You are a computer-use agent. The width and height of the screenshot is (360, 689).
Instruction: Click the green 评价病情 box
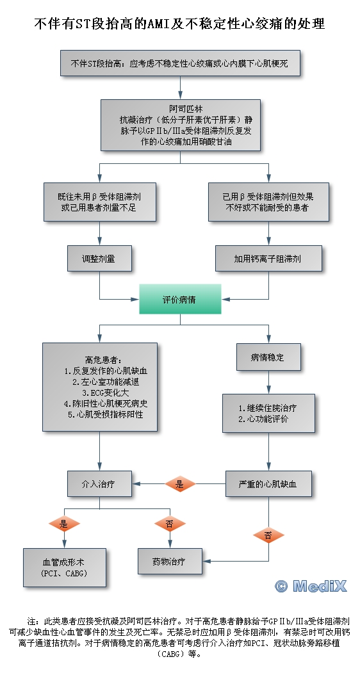pyautogui.click(x=180, y=299)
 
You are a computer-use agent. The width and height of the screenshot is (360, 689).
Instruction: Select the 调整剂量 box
pyautogui.click(x=99, y=259)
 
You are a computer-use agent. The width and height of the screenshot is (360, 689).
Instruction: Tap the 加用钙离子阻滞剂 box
pyautogui.click(x=268, y=259)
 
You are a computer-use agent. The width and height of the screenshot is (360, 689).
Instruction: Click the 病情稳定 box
pyautogui.click(x=268, y=357)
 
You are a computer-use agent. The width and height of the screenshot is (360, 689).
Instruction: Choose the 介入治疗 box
pyautogui.click(x=99, y=484)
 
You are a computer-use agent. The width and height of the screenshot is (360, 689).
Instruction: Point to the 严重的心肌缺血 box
pyautogui.click(x=268, y=484)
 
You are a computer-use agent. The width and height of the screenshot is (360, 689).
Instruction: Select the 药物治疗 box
pyautogui.click(x=170, y=561)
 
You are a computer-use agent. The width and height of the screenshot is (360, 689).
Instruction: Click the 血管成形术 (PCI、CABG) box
pyautogui.click(x=65, y=567)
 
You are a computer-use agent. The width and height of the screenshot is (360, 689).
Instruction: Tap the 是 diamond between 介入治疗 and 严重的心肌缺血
pyautogui.click(x=180, y=484)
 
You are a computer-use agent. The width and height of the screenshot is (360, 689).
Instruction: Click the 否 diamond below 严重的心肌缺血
pyautogui.click(x=268, y=535)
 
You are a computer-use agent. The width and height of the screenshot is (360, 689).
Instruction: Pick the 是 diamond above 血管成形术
pyautogui.click(x=64, y=523)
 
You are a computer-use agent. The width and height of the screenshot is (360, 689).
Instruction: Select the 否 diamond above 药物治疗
pyautogui.click(x=170, y=523)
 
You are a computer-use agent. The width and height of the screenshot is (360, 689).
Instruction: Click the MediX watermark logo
pyautogui.click(x=311, y=586)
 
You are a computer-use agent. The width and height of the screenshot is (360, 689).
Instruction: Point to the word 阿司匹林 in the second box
pyautogui.click(x=180, y=108)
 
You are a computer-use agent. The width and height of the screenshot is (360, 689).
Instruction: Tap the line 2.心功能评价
pyautogui.click(x=263, y=419)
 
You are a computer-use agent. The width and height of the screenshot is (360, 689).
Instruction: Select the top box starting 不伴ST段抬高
pyautogui.click(x=180, y=63)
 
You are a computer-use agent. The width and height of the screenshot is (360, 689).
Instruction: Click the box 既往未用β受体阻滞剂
pyautogui.click(x=100, y=202)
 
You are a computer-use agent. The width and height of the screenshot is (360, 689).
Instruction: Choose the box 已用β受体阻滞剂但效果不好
pyautogui.click(x=268, y=202)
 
